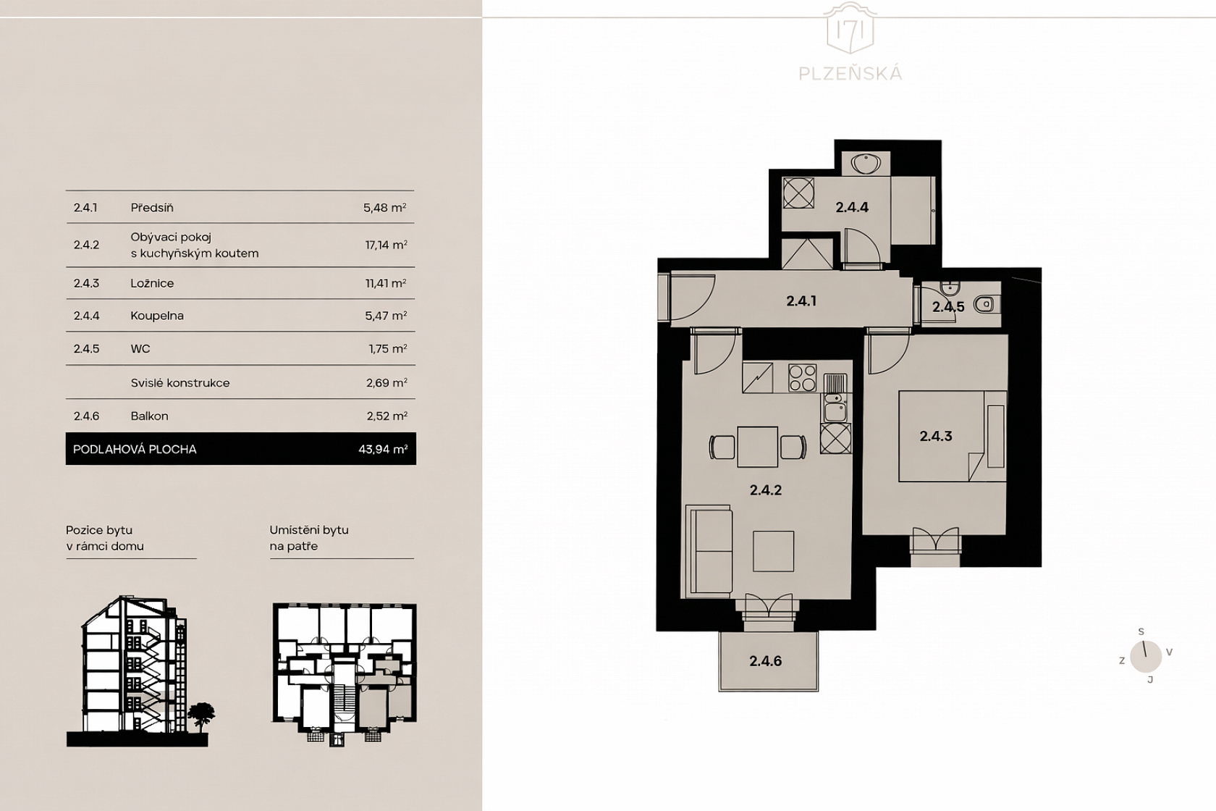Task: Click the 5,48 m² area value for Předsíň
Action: click(385, 208)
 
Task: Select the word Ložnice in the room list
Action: click(152, 283)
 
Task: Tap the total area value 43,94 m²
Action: click(383, 449)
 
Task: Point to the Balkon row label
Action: click(149, 416)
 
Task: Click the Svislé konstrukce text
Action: click(180, 383)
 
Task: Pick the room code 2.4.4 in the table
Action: click(86, 316)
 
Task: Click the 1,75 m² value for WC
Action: click(388, 349)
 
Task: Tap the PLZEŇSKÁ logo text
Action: click(850, 74)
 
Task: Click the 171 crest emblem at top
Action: click(850, 28)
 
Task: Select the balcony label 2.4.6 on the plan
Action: click(766, 661)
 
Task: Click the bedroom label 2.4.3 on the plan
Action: click(936, 436)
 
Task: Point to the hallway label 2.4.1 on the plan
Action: click(801, 301)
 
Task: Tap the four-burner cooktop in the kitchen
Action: click(802, 377)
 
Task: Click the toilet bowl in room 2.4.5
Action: click(984, 304)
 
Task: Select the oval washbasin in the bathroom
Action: click(866, 163)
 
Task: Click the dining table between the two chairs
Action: click(757, 447)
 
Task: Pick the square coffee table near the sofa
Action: click(773, 551)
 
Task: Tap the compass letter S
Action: click(1141, 631)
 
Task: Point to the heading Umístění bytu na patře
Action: click(309, 538)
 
